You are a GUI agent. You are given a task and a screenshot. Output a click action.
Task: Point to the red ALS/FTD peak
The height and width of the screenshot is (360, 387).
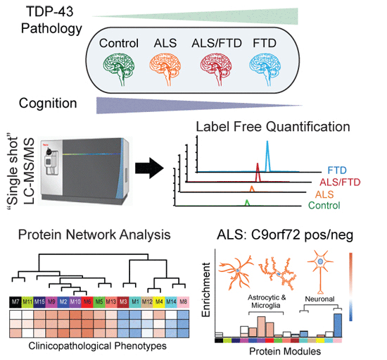pos(258,172)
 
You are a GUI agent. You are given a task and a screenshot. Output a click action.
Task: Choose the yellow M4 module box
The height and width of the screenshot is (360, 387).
pos(159,302)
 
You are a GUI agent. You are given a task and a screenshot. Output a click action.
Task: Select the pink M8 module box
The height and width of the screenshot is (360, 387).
pos(184,302)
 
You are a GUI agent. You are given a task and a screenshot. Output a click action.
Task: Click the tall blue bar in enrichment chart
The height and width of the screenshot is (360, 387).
pos(338,327)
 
